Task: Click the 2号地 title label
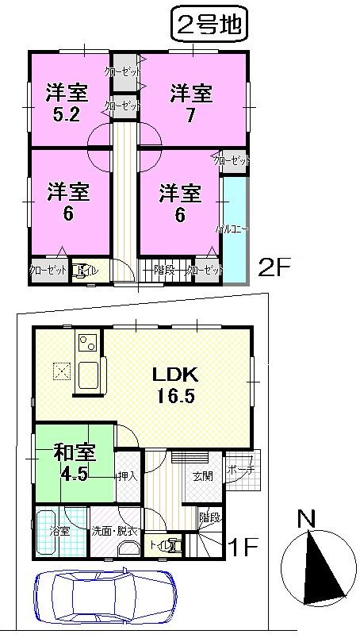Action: point(209,25)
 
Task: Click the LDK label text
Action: point(186,375)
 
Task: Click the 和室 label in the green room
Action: point(75,454)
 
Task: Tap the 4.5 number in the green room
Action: point(75,474)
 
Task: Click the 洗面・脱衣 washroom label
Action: point(115,531)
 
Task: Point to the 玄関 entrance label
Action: point(202,476)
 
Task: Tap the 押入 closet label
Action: point(127,477)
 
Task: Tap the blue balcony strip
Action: point(236,230)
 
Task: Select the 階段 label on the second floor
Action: point(164,270)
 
